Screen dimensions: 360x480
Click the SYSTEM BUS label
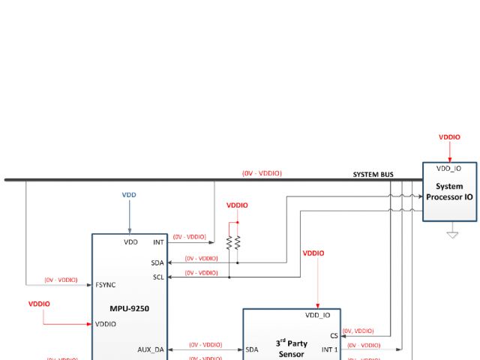click(373, 175)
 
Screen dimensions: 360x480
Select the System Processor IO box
click(449, 192)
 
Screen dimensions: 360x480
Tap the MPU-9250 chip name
click(129, 308)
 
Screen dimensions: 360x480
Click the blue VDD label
click(129, 195)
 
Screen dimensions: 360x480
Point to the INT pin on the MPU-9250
click(157, 242)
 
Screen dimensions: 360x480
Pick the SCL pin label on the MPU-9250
click(157, 277)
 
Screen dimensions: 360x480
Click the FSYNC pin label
click(105, 285)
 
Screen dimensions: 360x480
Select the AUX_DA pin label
click(151, 349)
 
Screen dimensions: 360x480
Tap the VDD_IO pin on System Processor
click(448, 169)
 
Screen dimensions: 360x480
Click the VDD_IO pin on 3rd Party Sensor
click(317, 315)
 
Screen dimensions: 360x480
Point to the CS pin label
click(334, 336)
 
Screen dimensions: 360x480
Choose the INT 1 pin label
click(329, 349)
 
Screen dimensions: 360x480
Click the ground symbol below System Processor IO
click(452, 234)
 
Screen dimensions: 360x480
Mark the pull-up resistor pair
click(233, 243)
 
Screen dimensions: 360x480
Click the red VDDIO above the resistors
click(237, 205)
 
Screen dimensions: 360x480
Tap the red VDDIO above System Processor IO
click(449, 137)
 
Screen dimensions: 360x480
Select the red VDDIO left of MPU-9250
click(39, 304)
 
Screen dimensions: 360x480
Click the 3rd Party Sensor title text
click(292, 347)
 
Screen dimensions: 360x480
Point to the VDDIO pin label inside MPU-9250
click(106, 324)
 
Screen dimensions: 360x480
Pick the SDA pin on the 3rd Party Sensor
click(252, 349)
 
